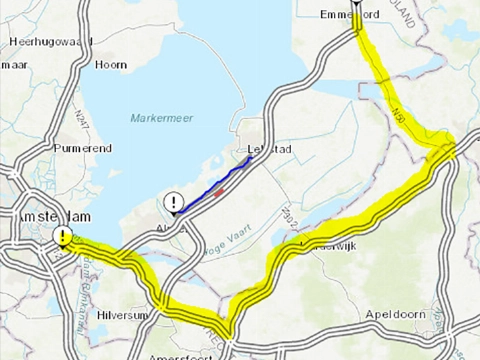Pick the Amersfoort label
coord(175,354)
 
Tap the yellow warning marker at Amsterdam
coord(64,236)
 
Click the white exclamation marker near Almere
coord(174,200)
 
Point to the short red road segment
coord(218,193)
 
